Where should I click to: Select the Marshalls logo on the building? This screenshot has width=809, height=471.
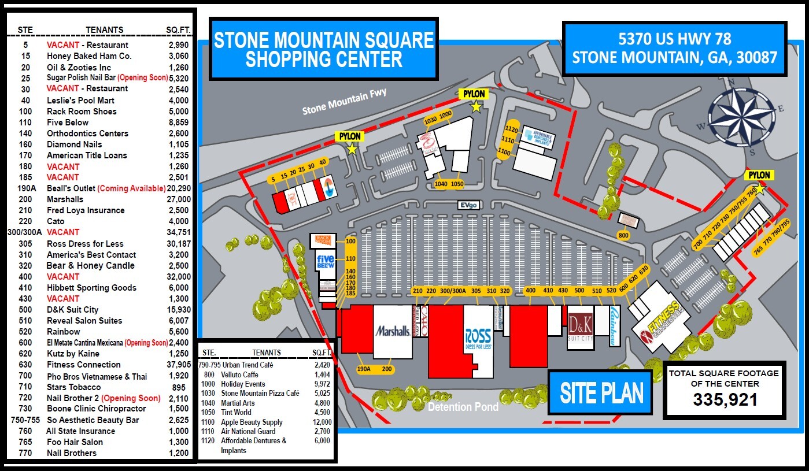click(393, 331)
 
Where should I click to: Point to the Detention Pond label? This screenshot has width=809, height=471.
click(463, 407)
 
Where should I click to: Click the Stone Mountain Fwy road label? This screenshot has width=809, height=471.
click(344, 102)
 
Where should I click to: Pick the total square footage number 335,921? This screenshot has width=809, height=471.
click(725, 399)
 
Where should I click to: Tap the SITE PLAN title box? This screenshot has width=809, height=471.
click(601, 393)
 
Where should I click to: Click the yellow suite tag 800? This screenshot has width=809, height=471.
click(623, 235)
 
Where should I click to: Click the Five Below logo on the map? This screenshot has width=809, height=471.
click(326, 262)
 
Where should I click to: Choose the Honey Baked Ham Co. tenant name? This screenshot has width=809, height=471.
click(89, 56)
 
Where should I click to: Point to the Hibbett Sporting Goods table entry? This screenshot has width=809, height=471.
click(91, 288)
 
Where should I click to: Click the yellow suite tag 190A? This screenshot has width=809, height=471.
click(363, 369)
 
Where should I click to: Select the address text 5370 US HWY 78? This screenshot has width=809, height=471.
click(674, 39)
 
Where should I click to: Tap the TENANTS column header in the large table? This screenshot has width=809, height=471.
click(104, 29)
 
